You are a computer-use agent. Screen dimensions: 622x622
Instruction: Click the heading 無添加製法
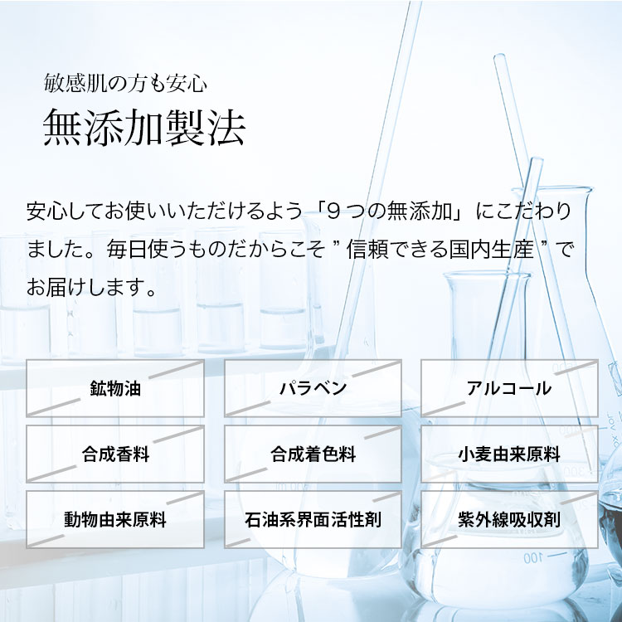click(x=144, y=128)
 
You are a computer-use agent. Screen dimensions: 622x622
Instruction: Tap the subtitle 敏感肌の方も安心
click(x=125, y=83)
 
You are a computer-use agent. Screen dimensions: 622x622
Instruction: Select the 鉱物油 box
click(x=115, y=388)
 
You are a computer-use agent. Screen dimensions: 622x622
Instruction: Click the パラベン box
click(x=313, y=388)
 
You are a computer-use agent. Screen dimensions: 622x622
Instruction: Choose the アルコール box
click(x=509, y=388)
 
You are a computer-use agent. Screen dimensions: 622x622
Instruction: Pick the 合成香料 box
click(x=115, y=454)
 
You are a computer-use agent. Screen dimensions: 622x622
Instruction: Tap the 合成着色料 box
click(x=313, y=454)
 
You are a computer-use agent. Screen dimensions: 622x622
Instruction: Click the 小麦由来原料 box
click(x=509, y=454)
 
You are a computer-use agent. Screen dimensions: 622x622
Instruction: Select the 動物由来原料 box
click(x=115, y=519)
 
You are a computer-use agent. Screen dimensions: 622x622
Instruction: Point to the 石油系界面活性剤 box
click(x=313, y=519)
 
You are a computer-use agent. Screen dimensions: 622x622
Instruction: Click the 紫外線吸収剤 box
click(x=509, y=519)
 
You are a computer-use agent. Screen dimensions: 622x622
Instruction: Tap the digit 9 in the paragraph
click(x=334, y=211)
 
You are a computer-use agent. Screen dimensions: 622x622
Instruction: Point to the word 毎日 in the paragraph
click(x=127, y=250)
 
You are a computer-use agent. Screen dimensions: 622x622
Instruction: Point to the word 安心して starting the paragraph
click(x=66, y=211)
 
